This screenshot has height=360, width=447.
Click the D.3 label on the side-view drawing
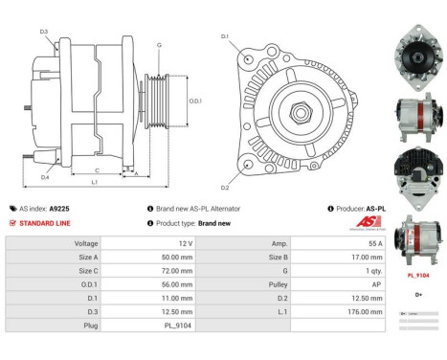[x=45, y=33]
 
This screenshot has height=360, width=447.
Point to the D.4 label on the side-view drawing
[x=45, y=177]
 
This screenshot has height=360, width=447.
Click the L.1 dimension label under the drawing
[x=94, y=182]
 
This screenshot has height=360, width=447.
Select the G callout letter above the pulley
[x=159, y=46]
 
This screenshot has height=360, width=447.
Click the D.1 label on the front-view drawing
[x=225, y=37]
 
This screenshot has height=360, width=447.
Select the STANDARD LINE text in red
[x=44, y=222]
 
